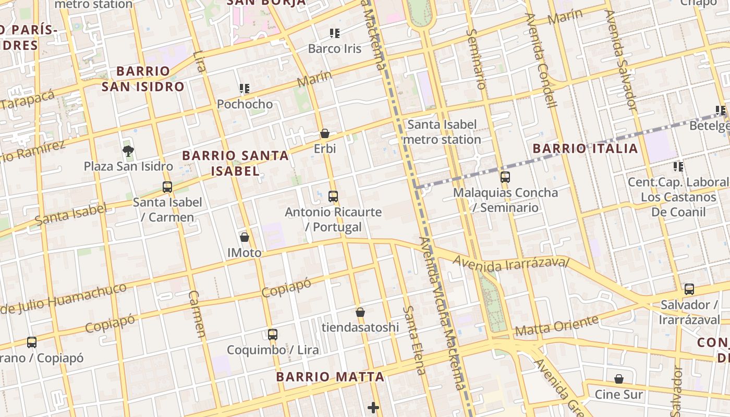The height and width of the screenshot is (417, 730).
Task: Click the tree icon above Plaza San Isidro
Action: pyautogui.click(x=128, y=151)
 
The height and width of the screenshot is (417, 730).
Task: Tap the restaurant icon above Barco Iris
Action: pyautogui.click(x=335, y=34)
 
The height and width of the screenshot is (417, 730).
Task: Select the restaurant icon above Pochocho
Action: pyautogui.click(x=244, y=89)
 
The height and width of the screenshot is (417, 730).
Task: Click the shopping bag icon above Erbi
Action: pyautogui.click(x=325, y=134)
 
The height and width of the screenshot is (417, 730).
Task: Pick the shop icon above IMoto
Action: pyautogui.click(x=244, y=238)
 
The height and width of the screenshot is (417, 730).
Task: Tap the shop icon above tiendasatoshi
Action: pyautogui.click(x=360, y=312)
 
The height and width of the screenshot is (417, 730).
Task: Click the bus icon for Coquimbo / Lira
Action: pyautogui.click(x=272, y=335)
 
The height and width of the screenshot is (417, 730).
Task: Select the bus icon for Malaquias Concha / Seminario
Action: pyautogui.click(x=505, y=177)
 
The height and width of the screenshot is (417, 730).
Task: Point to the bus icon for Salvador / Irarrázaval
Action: pyautogui.click(x=689, y=289)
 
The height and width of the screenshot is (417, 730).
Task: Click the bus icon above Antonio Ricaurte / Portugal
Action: pyautogui.click(x=333, y=197)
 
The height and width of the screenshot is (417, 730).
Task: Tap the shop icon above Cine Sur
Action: pyautogui.click(x=618, y=379)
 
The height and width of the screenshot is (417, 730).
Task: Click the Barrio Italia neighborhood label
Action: pyautogui.click(x=585, y=149)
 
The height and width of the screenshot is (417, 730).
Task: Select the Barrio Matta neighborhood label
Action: pyautogui.click(x=330, y=376)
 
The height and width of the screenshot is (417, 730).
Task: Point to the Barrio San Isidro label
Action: pyautogui.click(x=143, y=79)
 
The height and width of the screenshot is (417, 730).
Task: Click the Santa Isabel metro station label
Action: pyautogui.click(x=442, y=132)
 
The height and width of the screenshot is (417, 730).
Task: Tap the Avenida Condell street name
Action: pyautogui.click(x=542, y=60)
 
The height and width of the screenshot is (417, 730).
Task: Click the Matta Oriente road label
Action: pyautogui.click(x=556, y=326)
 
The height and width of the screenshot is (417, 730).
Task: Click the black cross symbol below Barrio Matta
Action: pyautogui.click(x=373, y=408)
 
